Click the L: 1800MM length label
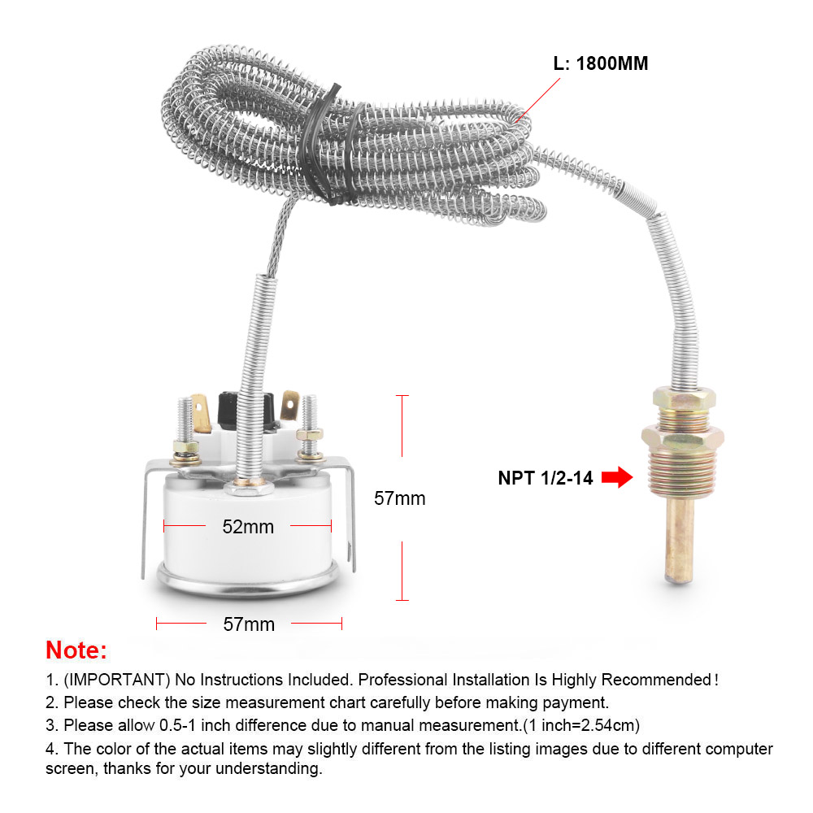pyautogui.click(x=601, y=63)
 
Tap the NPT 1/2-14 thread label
pyautogui.click(x=546, y=478)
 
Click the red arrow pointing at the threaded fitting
pyautogui.click(x=618, y=478)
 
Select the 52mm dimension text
pyautogui.click(x=248, y=527)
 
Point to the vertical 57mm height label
pyautogui.click(x=399, y=498)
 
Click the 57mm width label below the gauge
pyautogui.click(x=249, y=624)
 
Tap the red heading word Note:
pyautogui.click(x=76, y=650)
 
